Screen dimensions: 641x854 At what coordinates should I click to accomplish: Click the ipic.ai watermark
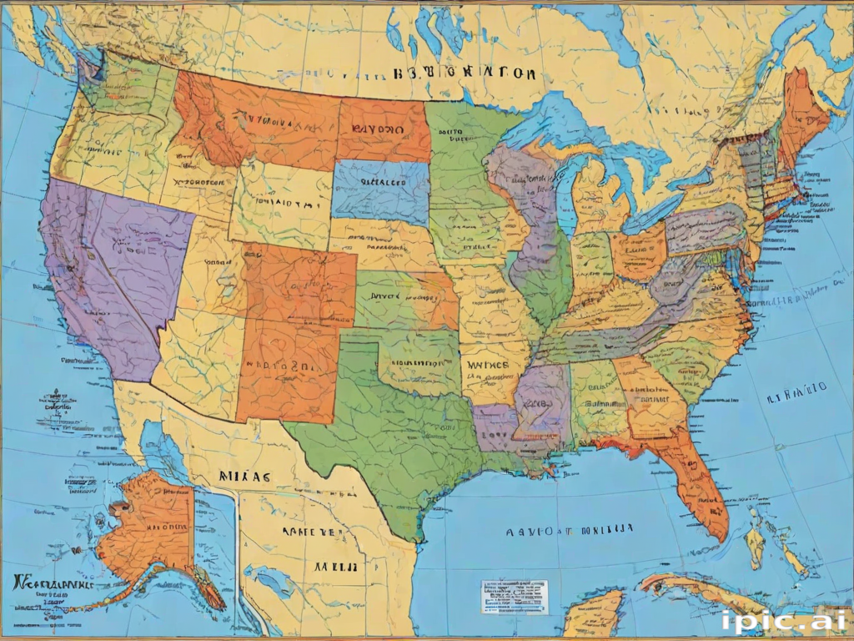(x=784, y=620)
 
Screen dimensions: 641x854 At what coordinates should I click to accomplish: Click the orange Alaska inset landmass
(x=150, y=526)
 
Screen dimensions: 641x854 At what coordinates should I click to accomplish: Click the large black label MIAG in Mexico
(x=245, y=477)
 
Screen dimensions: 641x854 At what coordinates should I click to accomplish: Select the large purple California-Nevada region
(x=117, y=267)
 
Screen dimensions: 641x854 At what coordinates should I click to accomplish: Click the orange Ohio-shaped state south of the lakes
(x=638, y=250)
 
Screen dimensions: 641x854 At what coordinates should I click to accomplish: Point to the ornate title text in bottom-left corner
(x=50, y=582)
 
